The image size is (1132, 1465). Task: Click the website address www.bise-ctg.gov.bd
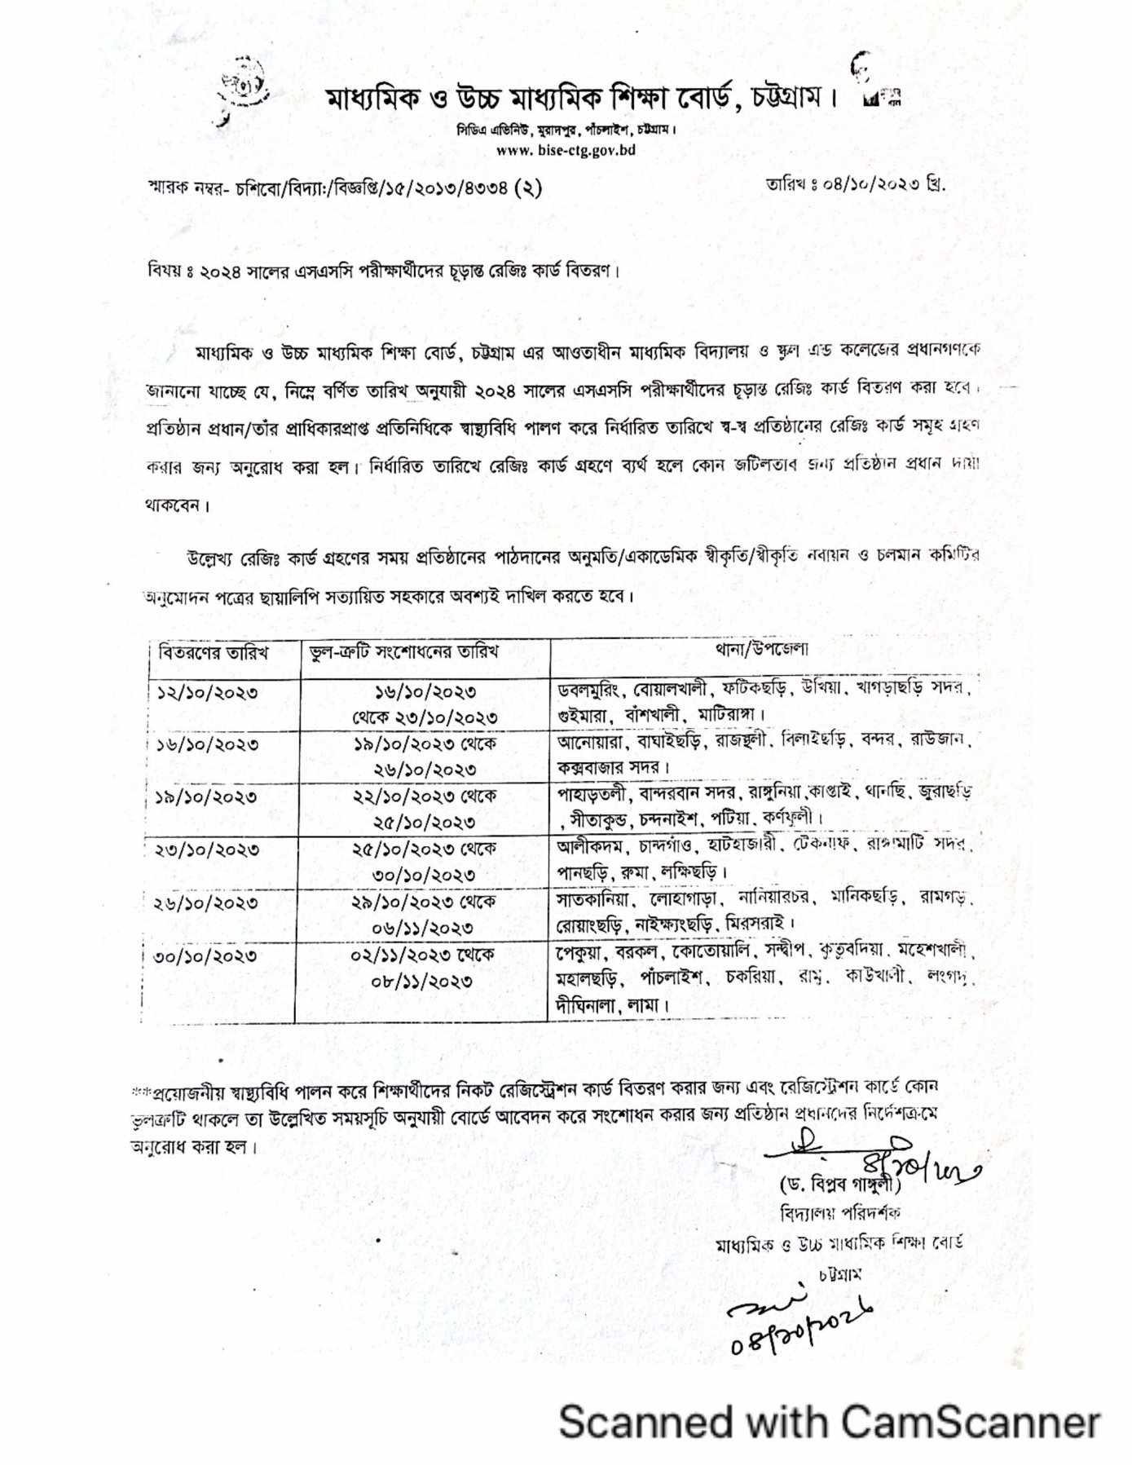[566, 150]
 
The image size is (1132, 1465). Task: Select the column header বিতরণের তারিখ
[214, 652]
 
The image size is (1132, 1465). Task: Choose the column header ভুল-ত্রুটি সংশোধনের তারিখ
[399, 651]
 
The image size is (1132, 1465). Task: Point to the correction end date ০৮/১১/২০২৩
[422, 981]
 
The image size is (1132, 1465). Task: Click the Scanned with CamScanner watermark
[829, 1421]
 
